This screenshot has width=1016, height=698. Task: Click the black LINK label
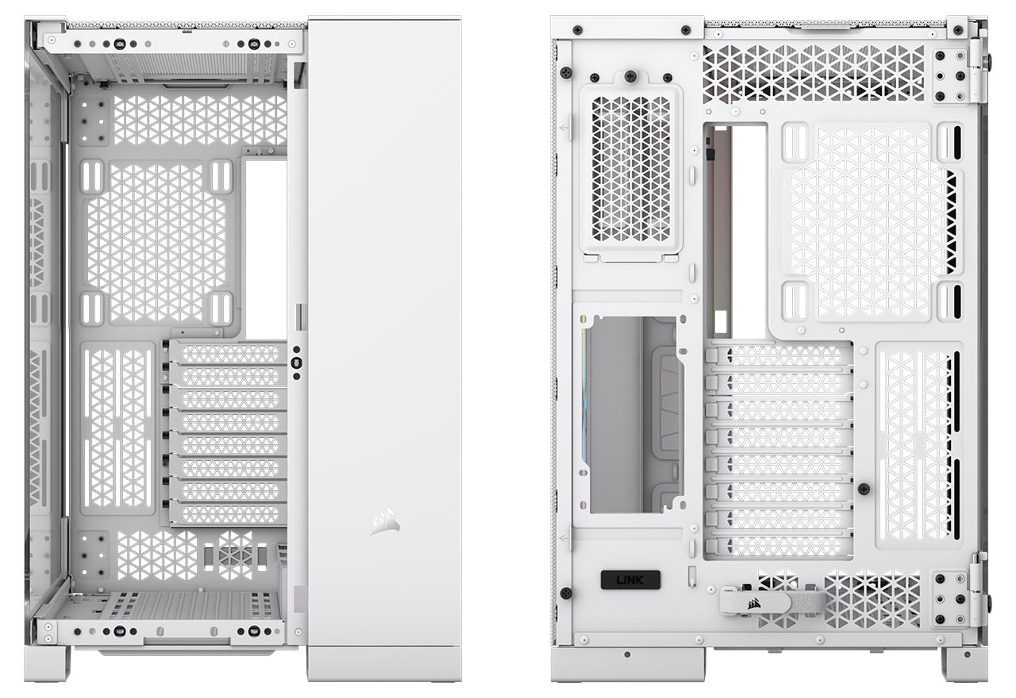click(630, 580)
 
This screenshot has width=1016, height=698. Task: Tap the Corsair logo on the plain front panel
click(385, 521)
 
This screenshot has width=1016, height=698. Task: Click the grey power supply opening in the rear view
click(634, 415)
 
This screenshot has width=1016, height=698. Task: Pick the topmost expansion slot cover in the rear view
click(779, 356)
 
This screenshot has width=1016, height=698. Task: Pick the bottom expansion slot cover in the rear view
click(779, 547)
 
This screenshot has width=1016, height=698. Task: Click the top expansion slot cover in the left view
click(227, 353)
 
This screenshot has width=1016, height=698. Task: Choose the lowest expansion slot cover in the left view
click(227, 513)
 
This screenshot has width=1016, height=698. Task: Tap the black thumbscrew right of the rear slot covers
click(864, 489)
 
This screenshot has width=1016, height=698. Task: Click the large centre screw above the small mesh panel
click(631, 77)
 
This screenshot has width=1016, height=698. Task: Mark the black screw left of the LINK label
click(566, 593)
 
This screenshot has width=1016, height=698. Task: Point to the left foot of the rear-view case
click(628, 664)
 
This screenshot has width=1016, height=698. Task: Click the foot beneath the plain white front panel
click(384, 664)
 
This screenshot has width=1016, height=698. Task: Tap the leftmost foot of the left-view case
click(47, 663)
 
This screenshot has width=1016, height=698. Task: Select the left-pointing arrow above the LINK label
click(564, 539)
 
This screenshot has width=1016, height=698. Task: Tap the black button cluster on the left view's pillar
click(297, 362)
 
